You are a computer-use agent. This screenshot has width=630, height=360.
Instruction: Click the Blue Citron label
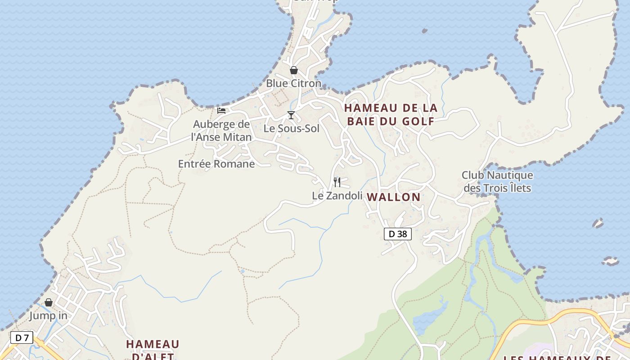pyautogui.click(x=293, y=83)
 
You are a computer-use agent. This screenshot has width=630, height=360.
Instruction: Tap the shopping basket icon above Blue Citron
pyautogui.click(x=294, y=70)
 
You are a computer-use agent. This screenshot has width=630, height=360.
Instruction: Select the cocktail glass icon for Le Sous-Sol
pyautogui.click(x=291, y=115)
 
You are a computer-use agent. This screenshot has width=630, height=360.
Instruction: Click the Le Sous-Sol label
pyautogui.click(x=291, y=129)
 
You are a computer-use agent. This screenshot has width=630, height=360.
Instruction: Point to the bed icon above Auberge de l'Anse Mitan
pyautogui.click(x=221, y=110)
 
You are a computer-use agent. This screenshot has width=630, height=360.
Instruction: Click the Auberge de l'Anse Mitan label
pyautogui.click(x=221, y=130)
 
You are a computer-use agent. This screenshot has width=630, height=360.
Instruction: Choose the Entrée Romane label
pyautogui.click(x=216, y=164)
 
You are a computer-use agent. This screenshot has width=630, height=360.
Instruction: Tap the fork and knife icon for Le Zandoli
pyautogui.click(x=337, y=182)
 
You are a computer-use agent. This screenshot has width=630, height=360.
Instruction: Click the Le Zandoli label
pyautogui.click(x=337, y=196)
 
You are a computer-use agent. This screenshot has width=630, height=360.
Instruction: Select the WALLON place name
pyautogui.click(x=394, y=197)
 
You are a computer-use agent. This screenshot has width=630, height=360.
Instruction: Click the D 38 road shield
pyautogui.click(x=398, y=234)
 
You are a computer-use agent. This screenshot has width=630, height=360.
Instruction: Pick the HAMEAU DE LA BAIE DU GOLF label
pyautogui.click(x=391, y=114)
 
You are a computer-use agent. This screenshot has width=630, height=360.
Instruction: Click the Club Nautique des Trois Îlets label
pyautogui.click(x=497, y=181)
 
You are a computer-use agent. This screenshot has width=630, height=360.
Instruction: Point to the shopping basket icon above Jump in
pyautogui.click(x=49, y=302)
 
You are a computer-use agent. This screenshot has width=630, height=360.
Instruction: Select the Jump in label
pyautogui.click(x=49, y=316)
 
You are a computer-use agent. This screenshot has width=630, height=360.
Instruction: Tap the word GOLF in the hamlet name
pyautogui.click(x=418, y=121)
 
